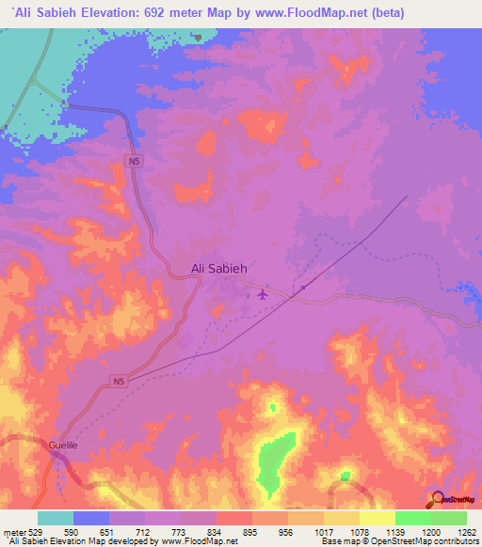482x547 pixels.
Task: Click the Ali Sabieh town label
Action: coord(218,269)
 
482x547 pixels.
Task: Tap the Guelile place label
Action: coord(64,447)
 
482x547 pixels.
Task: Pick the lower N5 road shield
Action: coord(117,382)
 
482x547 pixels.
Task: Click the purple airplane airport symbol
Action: coord(263,295)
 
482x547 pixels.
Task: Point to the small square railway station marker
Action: coord(303,288)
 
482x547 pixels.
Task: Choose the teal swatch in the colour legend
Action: coord(56,518)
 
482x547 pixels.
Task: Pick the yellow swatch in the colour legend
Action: coord(378,518)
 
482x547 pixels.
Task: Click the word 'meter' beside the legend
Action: coord(16,531)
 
